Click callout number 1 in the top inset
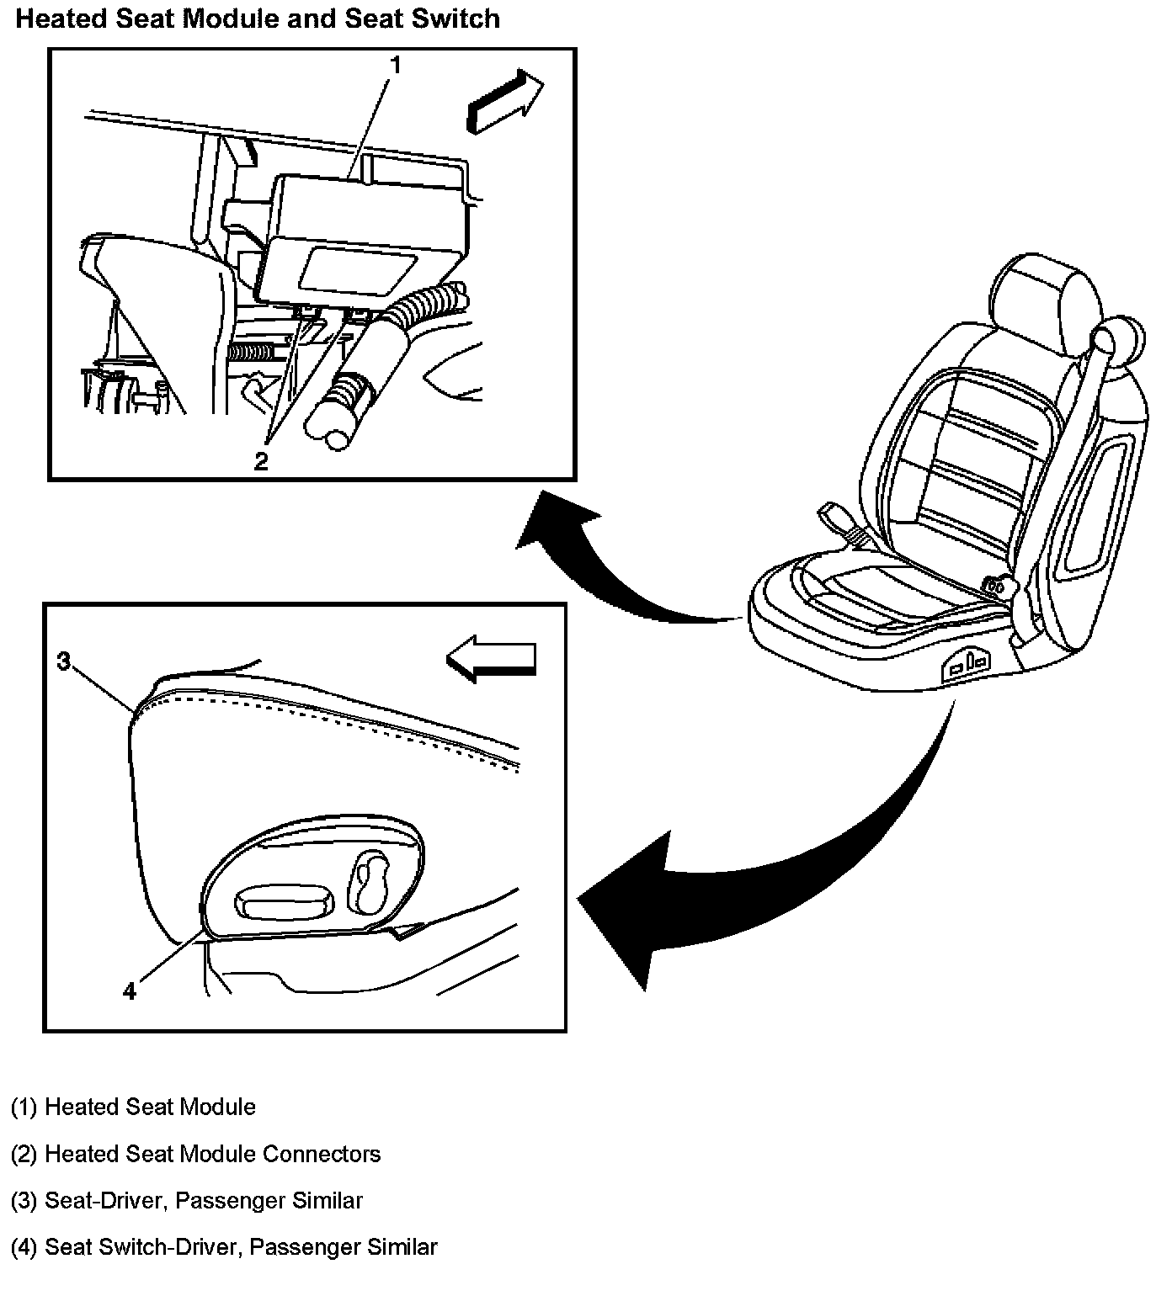click(395, 65)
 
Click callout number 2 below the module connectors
click(261, 461)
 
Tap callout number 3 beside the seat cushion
click(63, 661)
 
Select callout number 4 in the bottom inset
click(129, 991)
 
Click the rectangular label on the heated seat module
click(357, 271)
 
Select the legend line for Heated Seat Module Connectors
click(195, 1153)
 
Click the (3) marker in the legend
click(24, 1200)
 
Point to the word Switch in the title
click(461, 19)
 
